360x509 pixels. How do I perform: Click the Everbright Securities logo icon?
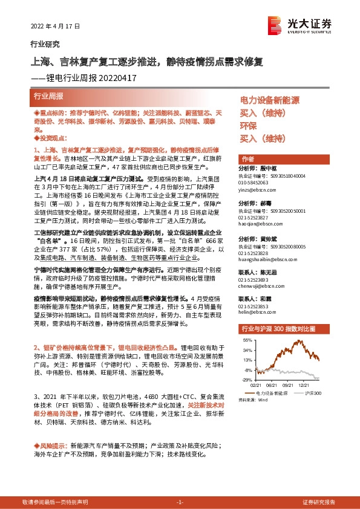click(276, 24)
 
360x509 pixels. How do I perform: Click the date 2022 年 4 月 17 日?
click(54, 27)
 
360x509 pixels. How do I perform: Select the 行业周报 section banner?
click(48, 96)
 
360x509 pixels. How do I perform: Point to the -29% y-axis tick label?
click(247, 380)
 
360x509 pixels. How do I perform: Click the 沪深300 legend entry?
click(313, 393)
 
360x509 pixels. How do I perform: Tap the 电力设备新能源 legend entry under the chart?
click(272, 393)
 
